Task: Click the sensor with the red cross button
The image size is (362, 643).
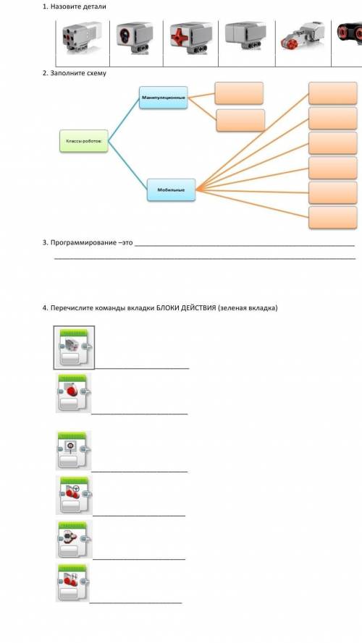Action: tap(191, 38)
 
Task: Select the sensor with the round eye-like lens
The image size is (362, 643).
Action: tap(134, 38)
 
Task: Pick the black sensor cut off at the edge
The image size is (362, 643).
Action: tap(349, 35)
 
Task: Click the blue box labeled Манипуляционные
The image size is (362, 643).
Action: tap(164, 98)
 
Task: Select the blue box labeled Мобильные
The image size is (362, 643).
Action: tap(171, 190)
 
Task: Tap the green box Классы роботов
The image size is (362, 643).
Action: tap(84, 141)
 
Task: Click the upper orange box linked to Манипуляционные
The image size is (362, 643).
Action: tap(239, 93)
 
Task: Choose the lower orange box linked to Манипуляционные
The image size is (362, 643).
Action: tap(240, 120)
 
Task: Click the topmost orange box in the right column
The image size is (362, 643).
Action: tap(333, 93)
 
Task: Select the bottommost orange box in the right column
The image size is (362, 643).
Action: tap(333, 217)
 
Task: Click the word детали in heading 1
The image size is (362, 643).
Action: tap(94, 7)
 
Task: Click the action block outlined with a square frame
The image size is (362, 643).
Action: tap(74, 347)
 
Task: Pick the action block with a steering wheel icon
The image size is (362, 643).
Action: tap(74, 495)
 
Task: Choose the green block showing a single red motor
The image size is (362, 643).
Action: tap(73, 393)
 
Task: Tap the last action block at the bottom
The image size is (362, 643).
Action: tap(73, 582)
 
